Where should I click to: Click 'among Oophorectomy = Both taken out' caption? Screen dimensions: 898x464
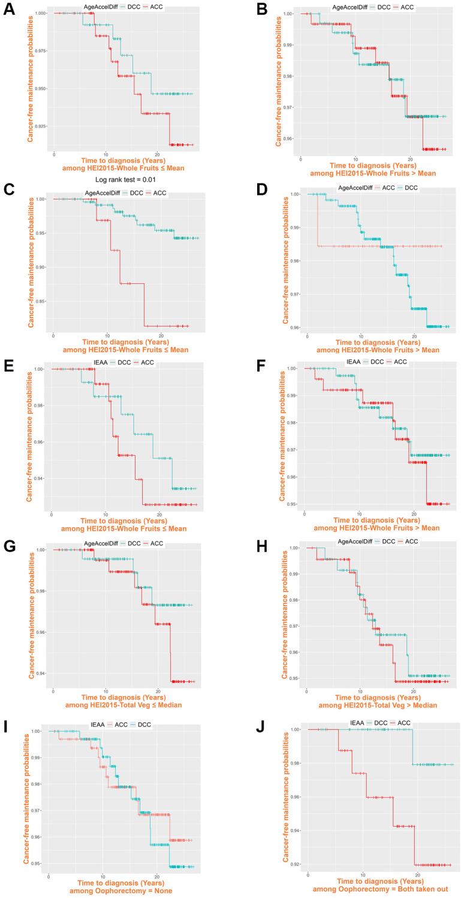tap(381, 891)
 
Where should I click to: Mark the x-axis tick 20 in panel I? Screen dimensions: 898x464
tap(156, 876)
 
